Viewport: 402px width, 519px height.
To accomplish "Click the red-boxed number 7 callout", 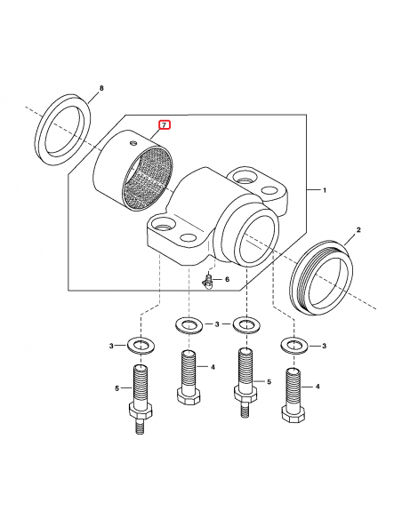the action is (x=165, y=125).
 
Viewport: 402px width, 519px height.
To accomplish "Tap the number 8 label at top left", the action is (x=101, y=88).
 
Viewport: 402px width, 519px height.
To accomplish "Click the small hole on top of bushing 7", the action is (x=133, y=143).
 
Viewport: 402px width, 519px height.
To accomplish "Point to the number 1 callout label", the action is (x=325, y=190).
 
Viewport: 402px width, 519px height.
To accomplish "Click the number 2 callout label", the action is (x=358, y=229).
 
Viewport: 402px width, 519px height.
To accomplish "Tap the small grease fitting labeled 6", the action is (x=207, y=282).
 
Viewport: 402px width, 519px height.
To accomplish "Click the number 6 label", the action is (x=227, y=279).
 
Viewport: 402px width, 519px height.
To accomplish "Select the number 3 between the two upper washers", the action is (x=217, y=324).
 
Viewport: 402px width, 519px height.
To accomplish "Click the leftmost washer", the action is (x=141, y=345).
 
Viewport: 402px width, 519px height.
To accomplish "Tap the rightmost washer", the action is (x=294, y=346).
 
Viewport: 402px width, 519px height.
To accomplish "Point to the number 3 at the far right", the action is (x=325, y=346).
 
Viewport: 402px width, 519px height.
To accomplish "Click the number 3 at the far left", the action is (x=111, y=346).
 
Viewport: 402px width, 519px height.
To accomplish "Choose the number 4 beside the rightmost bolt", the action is (x=318, y=387).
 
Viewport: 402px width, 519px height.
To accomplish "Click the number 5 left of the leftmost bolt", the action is (x=117, y=388).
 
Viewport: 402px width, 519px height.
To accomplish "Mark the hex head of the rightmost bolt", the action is (x=293, y=414).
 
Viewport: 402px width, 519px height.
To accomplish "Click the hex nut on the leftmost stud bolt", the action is (x=141, y=411).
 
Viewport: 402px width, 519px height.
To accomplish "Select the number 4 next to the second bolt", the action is (x=213, y=367).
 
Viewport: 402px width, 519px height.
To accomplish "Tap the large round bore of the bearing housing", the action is (x=257, y=238).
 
